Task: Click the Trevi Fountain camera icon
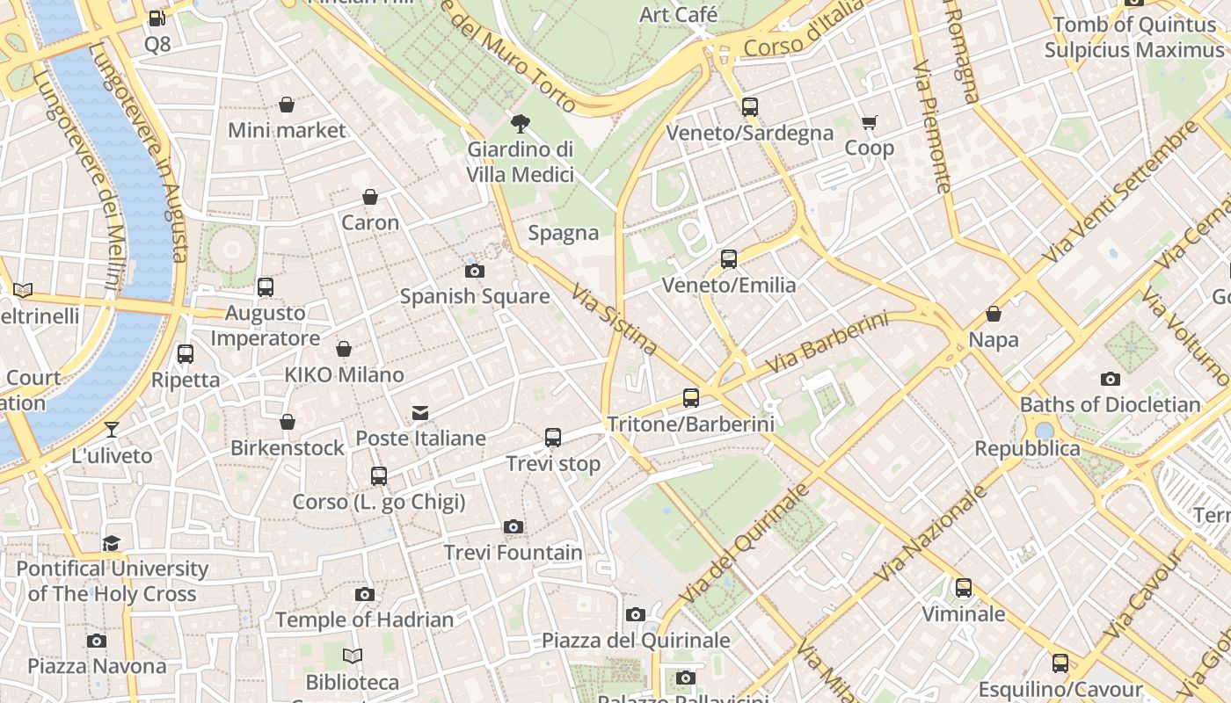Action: coord(514,527)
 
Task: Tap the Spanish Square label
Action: coord(475,296)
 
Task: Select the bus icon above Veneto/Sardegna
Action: coord(749,107)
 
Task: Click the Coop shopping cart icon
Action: coord(869,123)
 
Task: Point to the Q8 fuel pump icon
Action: coord(157,18)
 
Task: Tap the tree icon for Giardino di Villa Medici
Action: coord(520,123)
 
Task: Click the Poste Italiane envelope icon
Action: coord(420,412)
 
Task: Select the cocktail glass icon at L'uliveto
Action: coord(112,430)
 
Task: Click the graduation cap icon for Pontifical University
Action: coord(112,543)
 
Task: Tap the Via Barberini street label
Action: coord(827,342)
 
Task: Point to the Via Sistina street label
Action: coord(615,319)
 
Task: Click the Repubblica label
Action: coord(1027,448)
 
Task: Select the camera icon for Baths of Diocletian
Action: coord(1110,379)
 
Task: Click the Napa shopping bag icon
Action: coord(994,314)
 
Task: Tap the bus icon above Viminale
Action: coord(964,588)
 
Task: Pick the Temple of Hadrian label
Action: coord(365,620)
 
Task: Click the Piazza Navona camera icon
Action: coord(97,641)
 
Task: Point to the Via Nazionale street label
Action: coord(932,535)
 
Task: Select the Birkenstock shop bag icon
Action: coord(287,423)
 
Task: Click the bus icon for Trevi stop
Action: coord(553,438)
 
